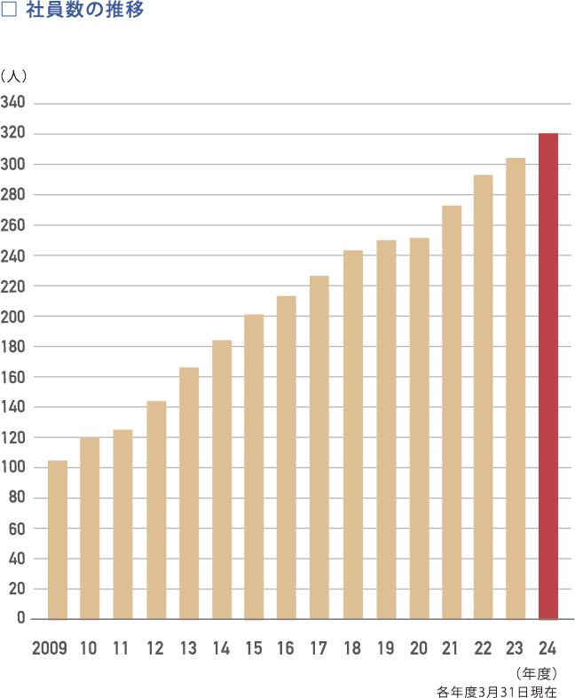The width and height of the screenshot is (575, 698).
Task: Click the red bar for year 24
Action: pos(548,377)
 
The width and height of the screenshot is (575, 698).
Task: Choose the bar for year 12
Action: pos(156,510)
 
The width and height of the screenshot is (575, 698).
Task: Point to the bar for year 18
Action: pos(353,435)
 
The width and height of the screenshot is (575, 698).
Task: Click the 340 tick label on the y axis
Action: pos(13,104)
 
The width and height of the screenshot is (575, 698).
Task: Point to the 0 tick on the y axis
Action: pos(20,619)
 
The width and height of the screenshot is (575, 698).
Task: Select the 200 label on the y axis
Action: pos(13,317)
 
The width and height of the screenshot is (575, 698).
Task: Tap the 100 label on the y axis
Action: pos(13,467)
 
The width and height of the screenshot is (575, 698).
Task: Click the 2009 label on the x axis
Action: pos(50,649)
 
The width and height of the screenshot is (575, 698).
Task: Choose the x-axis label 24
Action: pos(547,649)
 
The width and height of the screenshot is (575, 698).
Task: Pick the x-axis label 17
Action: pos(319,649)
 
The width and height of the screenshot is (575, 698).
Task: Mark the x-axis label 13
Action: pos(188,649)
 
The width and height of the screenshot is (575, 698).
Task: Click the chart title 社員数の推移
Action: pos(85,12)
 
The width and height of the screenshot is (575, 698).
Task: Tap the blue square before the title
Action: pos(10,12)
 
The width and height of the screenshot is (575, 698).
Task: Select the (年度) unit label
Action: pos(536,674)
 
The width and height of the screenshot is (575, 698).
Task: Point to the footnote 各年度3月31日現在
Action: pos(497,691)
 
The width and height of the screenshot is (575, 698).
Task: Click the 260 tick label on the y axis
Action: pos(13,225)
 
